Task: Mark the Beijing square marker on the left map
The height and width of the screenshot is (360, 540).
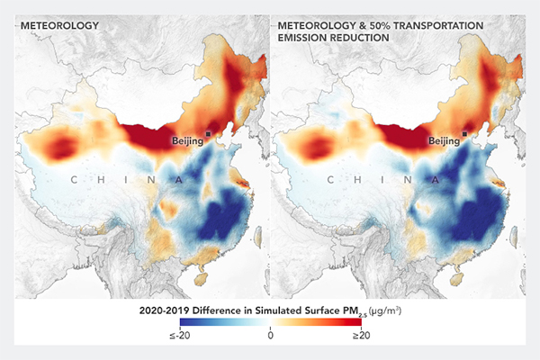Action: pos(209,132)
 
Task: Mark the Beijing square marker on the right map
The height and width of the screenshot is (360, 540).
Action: pos(464,132)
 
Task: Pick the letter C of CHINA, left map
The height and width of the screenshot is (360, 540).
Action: pos(75,180)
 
